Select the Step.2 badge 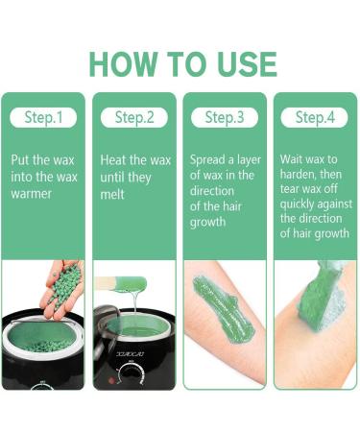(x=134, y=117)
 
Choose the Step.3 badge (x=224, y=117)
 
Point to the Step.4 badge (x=313, y=117)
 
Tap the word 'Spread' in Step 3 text (x=211, y=160)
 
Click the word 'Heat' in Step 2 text (x=115, y=160)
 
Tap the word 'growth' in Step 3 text (x=212, y=222)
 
